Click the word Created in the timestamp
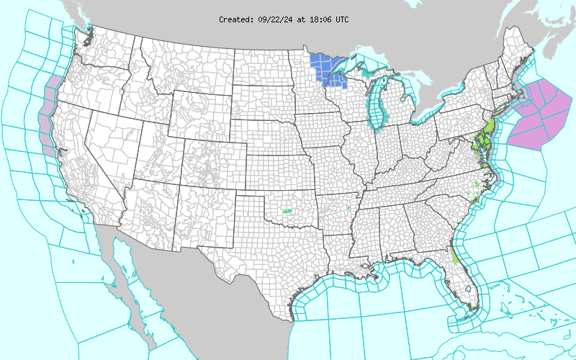(235, 19)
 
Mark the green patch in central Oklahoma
(287, 211)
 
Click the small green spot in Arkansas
(348, 209)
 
